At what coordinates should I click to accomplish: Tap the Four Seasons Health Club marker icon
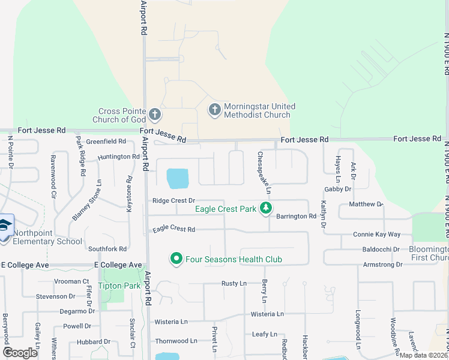click(176, 259)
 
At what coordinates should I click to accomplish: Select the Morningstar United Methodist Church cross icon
click(214, 110)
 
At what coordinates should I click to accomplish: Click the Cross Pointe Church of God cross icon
click(154, 114)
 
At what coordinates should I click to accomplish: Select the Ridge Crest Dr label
click(174, 200)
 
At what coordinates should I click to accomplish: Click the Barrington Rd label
click(296, 216)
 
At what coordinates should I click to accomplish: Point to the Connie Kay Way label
click(376, 234)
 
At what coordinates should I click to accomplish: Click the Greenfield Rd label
click(106, 142)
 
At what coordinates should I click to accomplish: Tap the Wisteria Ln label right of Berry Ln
click(267, 314)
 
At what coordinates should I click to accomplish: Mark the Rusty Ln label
click(234, 283)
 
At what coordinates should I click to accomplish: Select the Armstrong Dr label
click(382, 265)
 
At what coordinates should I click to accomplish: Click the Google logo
click(20, 352)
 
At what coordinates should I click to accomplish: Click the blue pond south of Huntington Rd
click(178, 178)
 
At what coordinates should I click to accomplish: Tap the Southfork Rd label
click(107, 248)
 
